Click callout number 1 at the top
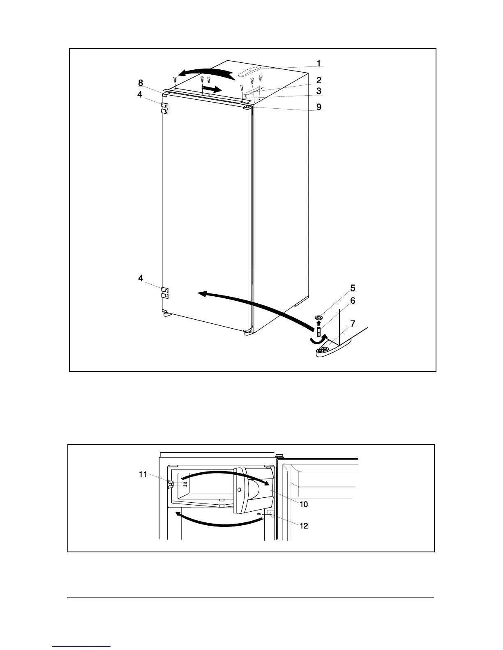click(x=318, y=63)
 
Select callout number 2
click(x=318, y=80)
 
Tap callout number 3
click(x=318, y=91)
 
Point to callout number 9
click(x=318, y=108)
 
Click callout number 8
click(x=141, y=83)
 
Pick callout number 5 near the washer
click(x=352, y=288)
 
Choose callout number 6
click(x=352, y=301)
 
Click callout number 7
click(x=353, y=324)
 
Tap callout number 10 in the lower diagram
click(x=303, y=504)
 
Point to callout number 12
click(x=303, y=526)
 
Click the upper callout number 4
click(x=140, y=94)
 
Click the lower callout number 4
click(x=140, y=278)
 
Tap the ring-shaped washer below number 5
click(x=319, y=318)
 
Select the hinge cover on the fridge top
click(x=249, y=73)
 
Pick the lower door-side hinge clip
click(x=165, y=292)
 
